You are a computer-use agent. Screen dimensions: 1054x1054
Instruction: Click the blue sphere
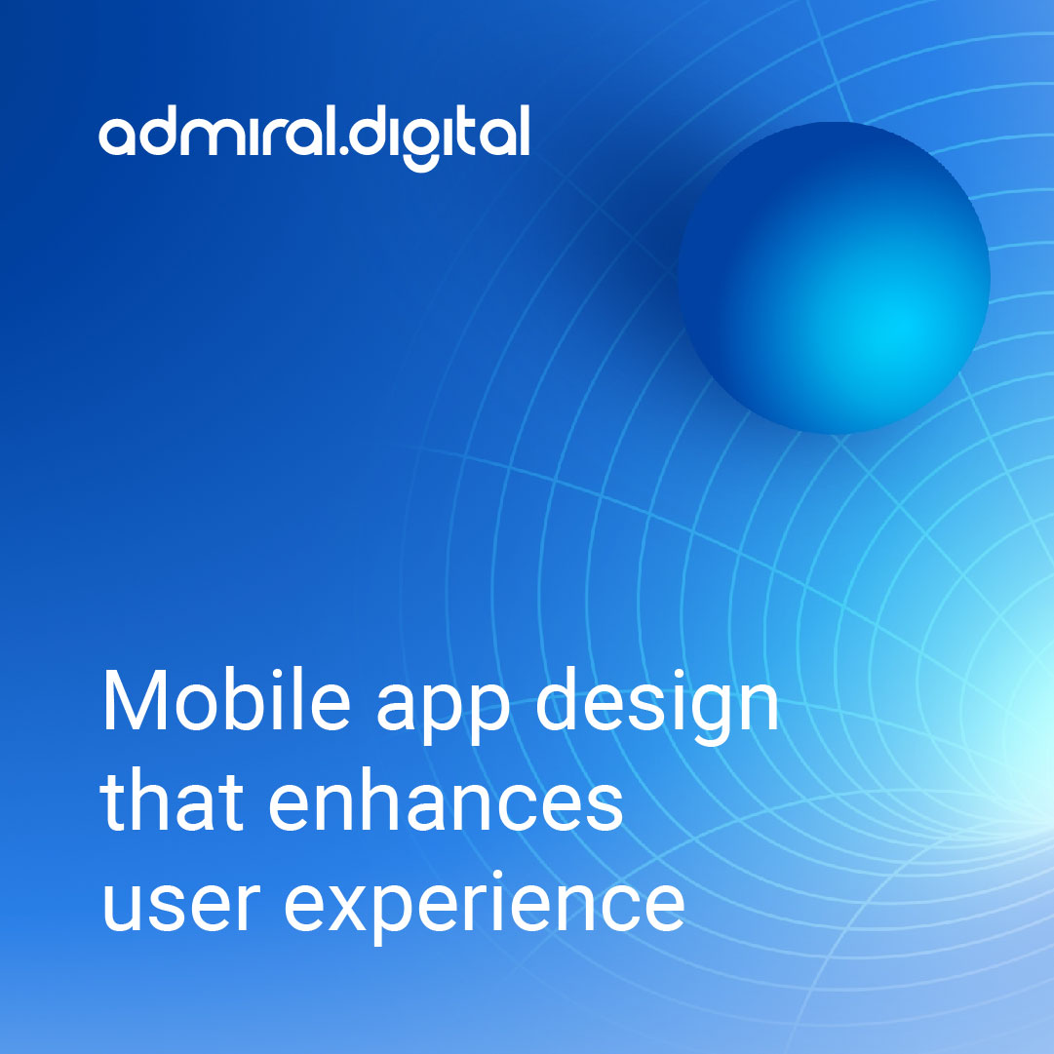tap(834, 278)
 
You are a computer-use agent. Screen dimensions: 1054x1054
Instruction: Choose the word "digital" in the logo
tap(440, 137)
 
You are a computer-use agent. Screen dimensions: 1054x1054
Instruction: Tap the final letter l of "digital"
tap(524, 133)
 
